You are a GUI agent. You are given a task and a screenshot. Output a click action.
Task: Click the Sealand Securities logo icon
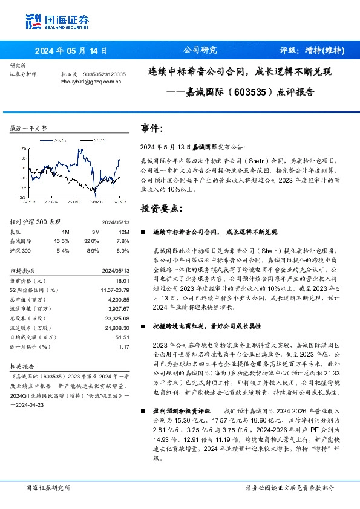33,21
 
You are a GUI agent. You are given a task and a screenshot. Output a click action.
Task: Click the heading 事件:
152,129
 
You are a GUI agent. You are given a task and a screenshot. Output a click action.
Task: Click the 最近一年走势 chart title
28,129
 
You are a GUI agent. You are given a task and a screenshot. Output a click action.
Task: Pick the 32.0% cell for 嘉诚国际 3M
92,240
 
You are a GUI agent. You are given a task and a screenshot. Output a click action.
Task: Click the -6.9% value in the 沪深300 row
122,250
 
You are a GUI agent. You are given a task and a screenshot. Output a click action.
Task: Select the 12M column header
124,231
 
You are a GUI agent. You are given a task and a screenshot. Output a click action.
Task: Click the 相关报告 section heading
23,366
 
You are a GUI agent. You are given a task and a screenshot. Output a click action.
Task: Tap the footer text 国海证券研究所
48,487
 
